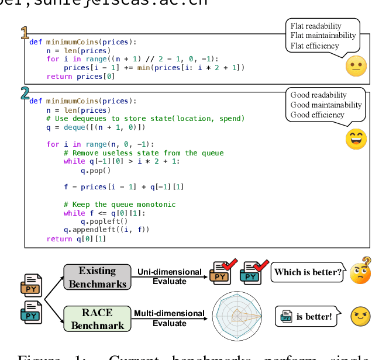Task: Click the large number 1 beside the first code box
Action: [x=25, y=33]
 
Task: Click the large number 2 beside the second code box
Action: [x=25, y=92]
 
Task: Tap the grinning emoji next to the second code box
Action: [x=355, y=139]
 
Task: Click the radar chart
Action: [x=237, y=316]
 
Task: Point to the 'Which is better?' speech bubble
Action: [x=308, y=272]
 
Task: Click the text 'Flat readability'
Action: [x=316, y=26]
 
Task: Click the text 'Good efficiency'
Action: [x=318, y=115]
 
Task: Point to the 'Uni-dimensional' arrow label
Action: [x=169, y=272]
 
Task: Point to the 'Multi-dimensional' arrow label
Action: [x=169, y=314]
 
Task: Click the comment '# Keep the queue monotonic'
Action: [x=119, y=205]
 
